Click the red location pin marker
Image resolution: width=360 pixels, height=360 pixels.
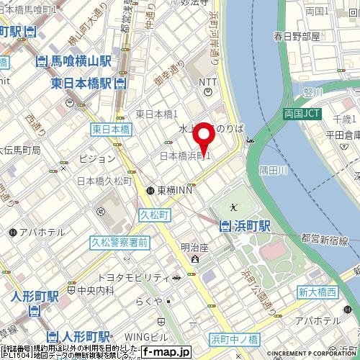(x=206, y=137)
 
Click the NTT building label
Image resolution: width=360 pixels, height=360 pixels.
(x=208, y=82)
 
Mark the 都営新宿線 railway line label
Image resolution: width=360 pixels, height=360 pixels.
(x=323, y=240)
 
